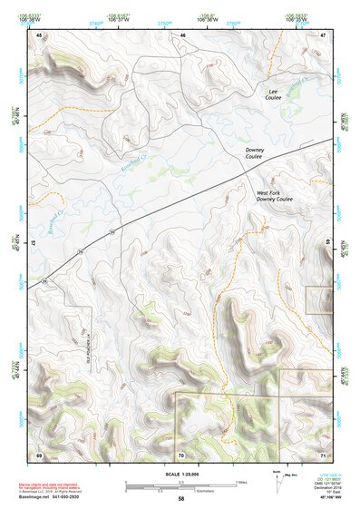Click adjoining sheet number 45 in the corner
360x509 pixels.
[39, 34]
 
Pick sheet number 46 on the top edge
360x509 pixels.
[183, 34]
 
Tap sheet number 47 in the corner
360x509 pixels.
[323, 34]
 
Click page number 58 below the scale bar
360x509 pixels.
[181, 499]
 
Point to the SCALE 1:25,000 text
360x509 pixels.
[181, 475]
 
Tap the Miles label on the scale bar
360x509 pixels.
[240, 481]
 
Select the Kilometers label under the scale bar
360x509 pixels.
[186, 490]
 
